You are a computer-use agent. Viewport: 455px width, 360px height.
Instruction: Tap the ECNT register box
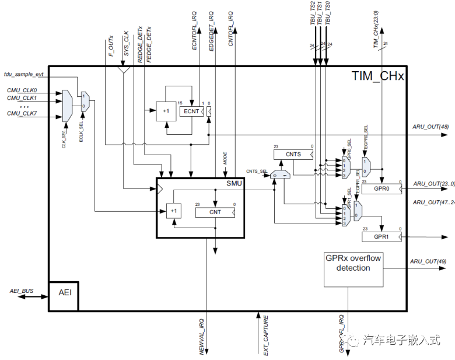191,111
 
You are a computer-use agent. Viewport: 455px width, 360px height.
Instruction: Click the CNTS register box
293,155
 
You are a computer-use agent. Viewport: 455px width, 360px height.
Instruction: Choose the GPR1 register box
380,237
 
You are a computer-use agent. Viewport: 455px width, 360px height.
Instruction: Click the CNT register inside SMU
215,212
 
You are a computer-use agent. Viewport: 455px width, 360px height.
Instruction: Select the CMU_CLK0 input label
22,90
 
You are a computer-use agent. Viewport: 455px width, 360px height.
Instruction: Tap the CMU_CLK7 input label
22,114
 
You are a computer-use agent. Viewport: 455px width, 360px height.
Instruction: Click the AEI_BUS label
22,290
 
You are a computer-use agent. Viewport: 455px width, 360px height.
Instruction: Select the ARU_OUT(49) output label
430,261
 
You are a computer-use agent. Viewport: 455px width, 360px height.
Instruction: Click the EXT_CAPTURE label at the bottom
266,335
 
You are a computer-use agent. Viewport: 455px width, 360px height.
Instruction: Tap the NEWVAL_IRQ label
202,336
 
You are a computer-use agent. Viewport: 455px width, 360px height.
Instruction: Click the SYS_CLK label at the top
127,43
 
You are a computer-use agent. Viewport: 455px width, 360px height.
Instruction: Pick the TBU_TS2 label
313,13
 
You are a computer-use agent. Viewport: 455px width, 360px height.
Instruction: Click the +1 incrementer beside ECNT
166,111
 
